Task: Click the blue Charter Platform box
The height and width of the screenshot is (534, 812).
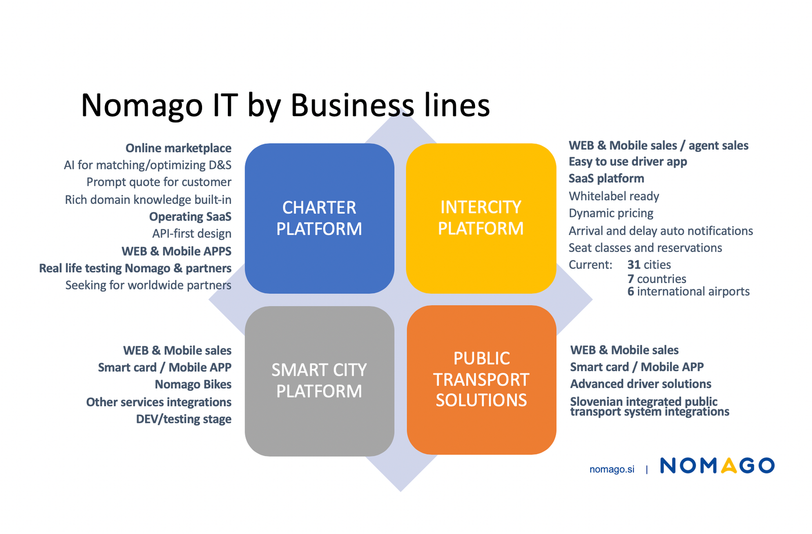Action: (319, 218)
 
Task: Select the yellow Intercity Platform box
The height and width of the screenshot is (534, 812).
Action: (481, 218)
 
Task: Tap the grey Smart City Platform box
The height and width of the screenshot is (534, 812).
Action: (319, 380)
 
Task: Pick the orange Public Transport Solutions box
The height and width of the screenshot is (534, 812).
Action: (481, 379)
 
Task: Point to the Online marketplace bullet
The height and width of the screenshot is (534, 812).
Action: (178, 148)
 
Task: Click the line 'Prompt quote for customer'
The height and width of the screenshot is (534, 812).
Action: (158, 182)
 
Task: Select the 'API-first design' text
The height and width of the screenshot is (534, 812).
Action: (191, 234)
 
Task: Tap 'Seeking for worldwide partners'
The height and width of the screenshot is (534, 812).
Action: (148, 285)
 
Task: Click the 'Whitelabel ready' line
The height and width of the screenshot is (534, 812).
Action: (614, 196)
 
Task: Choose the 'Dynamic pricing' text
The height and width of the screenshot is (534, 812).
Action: (611, 213)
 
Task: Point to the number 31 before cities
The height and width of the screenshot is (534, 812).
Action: (634, 265)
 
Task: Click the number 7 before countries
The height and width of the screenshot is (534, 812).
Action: (630, 279)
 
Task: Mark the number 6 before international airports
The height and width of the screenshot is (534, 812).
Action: (630, 292)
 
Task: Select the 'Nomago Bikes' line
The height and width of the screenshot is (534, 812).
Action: (193, 384)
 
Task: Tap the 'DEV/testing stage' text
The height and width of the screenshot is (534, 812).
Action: (183, 419)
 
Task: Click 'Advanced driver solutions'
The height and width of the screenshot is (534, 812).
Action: (640, 384)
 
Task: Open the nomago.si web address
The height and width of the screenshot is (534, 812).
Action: (612, 470)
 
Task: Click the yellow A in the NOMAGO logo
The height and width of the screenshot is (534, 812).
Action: (728, 466)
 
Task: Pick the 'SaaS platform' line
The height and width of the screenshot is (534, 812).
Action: (606, 179)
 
